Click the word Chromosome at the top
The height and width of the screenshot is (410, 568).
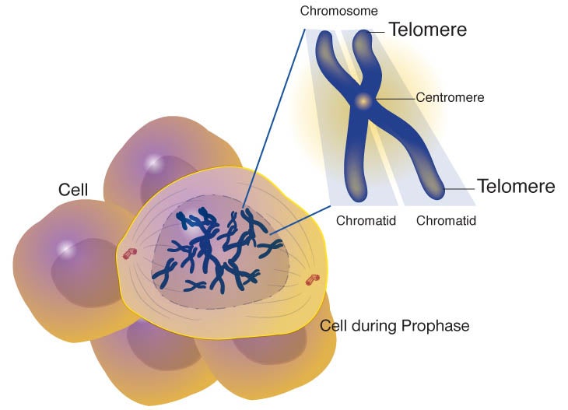click(338, 11)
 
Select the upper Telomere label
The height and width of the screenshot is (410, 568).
click(428, 30)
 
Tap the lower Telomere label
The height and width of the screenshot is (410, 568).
click(516, 186)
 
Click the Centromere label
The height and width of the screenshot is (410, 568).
click(450, 97)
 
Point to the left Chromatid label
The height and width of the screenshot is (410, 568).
click(366, 221)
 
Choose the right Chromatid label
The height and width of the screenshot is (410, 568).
click(446, 221)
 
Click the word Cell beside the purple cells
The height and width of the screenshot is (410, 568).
click(73, 190)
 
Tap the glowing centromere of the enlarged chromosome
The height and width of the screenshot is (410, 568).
click(363, 101)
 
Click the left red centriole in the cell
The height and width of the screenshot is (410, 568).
click(130, 254)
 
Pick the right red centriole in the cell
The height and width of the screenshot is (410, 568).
click(313, 279)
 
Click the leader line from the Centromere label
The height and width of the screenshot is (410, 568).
click(396, 99)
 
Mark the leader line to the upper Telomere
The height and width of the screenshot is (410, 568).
click(377, 32)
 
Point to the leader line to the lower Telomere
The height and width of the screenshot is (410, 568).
click(460, 189)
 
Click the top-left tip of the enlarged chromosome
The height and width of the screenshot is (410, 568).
click(324, 33)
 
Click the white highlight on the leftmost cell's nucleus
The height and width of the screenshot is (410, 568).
click(66, 248)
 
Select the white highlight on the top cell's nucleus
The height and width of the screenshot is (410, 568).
click(153, 162)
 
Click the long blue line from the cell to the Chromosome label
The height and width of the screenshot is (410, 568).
click(274, 119)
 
